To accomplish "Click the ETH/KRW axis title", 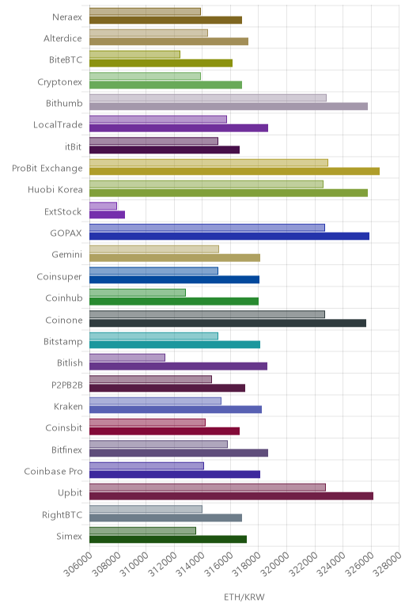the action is (244, 597).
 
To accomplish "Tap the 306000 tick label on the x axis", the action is (78, 564).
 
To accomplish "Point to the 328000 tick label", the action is (388, 564).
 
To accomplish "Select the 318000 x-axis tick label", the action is (248, 564).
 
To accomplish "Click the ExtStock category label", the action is (63, 211).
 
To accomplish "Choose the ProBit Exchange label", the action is (47, 169).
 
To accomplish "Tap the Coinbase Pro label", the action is (53, 472).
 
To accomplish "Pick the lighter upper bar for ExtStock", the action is (103, 206).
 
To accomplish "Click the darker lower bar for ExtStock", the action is (107, 214).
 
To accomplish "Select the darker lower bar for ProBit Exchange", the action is (234, 171).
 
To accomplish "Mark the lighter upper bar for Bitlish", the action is (127, 358).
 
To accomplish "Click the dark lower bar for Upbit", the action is (231, 496).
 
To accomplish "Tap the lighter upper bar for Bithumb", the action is (208, 98).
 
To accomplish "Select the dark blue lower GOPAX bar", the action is (229, 236).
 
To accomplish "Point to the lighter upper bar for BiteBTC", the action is (134, 55).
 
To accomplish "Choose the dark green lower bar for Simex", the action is (168, 539).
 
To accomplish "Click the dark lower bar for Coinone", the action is (228, 323).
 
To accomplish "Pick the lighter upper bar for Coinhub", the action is (138, 293).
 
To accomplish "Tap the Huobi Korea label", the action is (55, 190).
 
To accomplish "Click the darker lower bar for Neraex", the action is (166, 20).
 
